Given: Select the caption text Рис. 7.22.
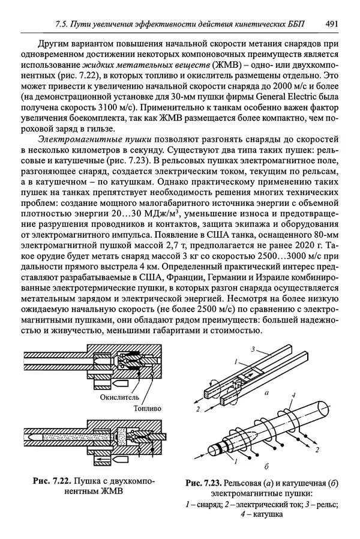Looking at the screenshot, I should pyautogui.click(x=52, y=480).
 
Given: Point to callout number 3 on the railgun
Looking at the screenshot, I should pyautogui.click(x=254, y=349).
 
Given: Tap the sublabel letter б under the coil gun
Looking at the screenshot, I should pyautogui.click(x=265, y=466).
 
